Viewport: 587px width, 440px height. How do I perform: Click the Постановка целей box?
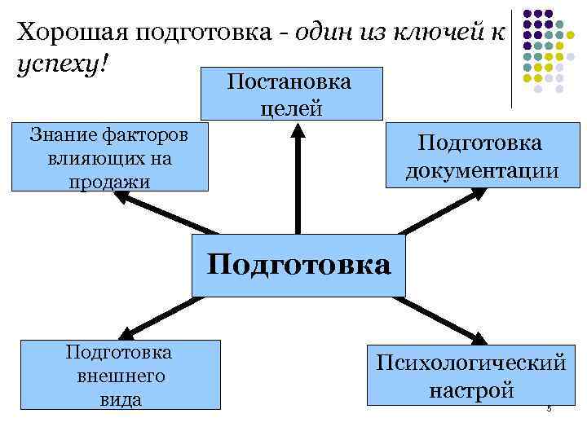(x=290, y=94)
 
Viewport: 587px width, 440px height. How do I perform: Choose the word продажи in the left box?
(x=109, y=182)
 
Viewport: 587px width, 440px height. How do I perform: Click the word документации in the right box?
(x=480, y=172)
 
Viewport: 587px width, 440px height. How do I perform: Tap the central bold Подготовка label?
(x=298, y=265)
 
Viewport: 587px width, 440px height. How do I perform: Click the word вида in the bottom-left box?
(x=121, y=398)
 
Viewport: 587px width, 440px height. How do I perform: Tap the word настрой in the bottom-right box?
(x=471, y=389)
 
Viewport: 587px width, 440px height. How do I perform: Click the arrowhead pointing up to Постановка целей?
(x=298, y=131)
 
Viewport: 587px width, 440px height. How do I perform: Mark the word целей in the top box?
(x=290, y=107)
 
